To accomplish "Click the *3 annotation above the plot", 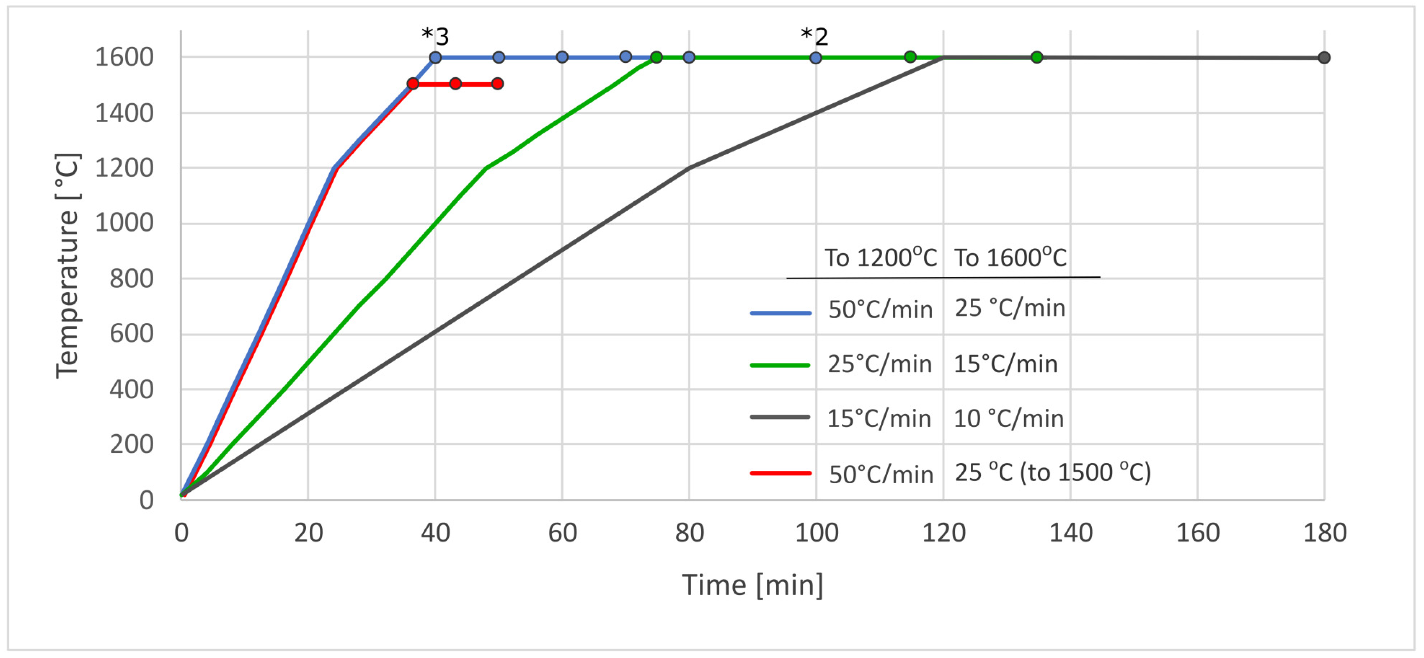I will (435, 37).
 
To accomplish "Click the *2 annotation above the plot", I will (814, 37).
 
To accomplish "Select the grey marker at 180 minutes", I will (1324, 57).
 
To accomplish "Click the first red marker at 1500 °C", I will (412, 83).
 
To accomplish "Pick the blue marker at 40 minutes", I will (435, 57).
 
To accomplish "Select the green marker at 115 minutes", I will (910, 57).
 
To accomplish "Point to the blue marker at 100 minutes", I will (816, 57).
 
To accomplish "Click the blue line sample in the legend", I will (780, 313).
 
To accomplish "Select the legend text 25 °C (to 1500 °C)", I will (1053, 473).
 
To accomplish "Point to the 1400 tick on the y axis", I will (124, 114).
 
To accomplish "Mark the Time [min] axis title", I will (752, 585).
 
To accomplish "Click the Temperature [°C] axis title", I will (68, 265).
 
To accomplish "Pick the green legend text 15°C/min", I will (1005, 364).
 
